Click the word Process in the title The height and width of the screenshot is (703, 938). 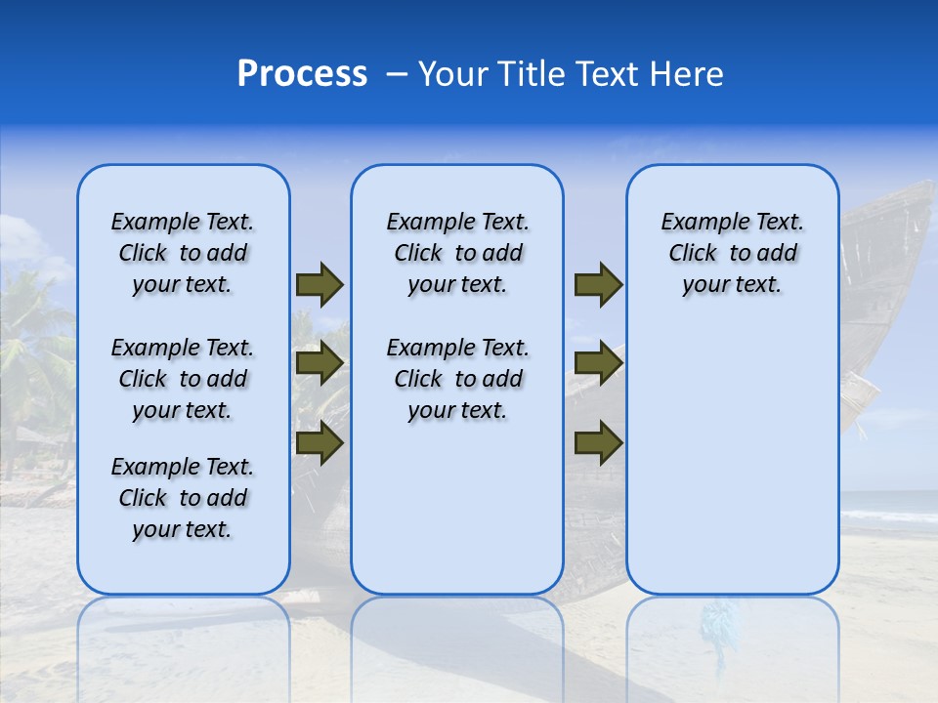[302, 74]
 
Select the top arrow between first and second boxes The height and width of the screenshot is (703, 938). [320, 285]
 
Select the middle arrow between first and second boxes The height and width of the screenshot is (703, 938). [320, 363]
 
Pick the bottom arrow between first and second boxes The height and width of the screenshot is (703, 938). [320, 443]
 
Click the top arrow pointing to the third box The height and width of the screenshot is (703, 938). [598, 285]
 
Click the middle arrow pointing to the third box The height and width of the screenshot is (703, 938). [598, 363]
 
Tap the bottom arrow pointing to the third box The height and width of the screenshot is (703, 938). [598, 443]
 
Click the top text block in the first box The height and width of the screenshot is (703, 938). [183, 253]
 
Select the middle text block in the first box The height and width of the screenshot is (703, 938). [183, 379]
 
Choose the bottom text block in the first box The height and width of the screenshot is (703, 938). [183, 498]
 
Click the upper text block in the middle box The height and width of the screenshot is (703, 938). [457, 253]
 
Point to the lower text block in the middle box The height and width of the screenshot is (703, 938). [457, 379]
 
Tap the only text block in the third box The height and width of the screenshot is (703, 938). [733, 253]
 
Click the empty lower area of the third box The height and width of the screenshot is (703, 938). [733, 459]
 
